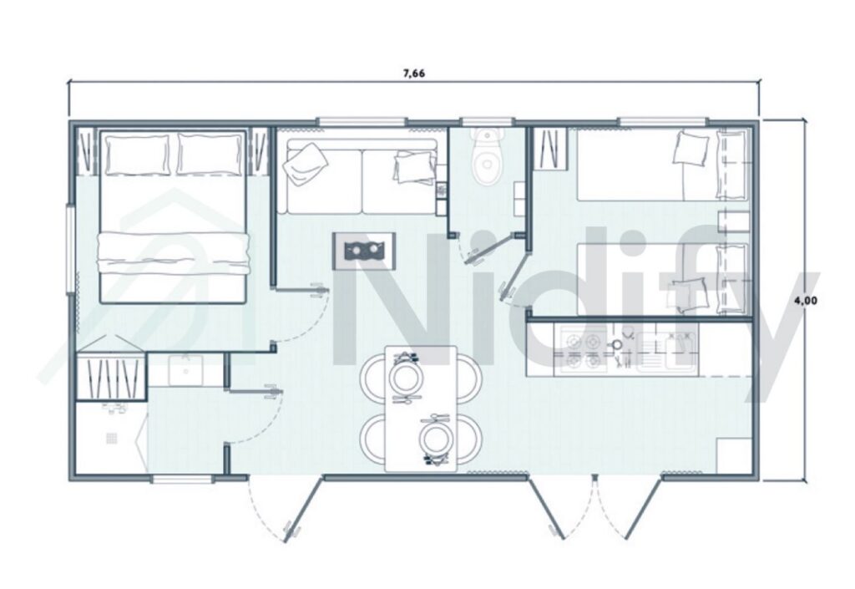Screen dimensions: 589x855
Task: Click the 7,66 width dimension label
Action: coord(414,74)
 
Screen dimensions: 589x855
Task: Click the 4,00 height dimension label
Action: coord(805,302)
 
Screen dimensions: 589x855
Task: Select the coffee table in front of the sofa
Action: coord(364,249)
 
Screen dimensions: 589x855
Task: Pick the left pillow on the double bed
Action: coord(138,155)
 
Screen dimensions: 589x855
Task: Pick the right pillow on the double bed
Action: coord(210,155)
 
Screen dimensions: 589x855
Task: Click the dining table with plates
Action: coord(421,407)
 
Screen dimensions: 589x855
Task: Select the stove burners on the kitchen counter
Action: coord(583,351)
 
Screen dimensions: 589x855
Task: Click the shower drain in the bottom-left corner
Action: coord(111,437)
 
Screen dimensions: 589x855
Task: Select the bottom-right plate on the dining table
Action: coord(436,438)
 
